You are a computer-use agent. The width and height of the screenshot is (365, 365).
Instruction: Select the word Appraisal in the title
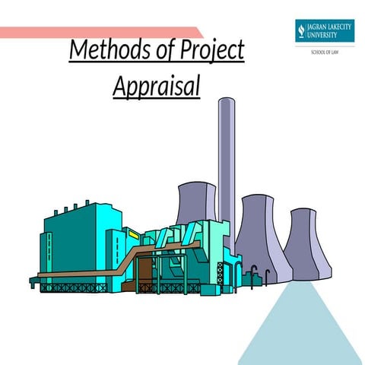[157, 87]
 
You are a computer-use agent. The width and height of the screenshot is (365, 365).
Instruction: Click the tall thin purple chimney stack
[226, 152]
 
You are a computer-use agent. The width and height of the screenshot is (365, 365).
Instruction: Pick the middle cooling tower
[259, 236]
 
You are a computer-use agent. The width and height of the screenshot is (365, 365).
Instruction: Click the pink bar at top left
[99, 32]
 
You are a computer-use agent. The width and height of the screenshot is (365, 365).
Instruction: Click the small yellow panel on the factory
[134, 235]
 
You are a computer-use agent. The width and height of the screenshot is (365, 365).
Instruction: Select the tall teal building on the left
[72, 236]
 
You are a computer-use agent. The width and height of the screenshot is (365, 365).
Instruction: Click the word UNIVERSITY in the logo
[330, 35]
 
